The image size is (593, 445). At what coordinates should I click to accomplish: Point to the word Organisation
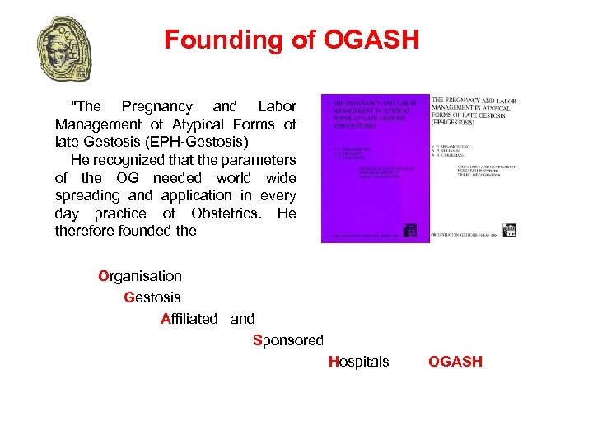click(140, 276)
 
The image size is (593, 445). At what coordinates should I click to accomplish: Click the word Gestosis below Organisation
click(152, 297)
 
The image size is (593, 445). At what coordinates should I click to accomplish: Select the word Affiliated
click(189, 319)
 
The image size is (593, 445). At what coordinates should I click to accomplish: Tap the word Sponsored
click(288, 340)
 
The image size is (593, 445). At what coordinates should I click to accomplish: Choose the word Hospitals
click(358, 362)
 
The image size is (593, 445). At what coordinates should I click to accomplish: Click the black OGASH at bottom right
click(455, 362)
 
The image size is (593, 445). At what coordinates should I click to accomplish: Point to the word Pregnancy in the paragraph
click(156, 106)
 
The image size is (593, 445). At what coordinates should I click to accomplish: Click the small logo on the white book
click(508, 230)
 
